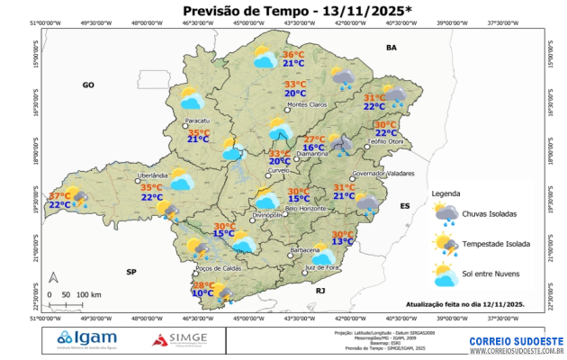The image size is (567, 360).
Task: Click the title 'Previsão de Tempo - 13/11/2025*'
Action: (x=283, y=11)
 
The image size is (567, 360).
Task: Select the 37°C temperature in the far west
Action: (x=60, y=195)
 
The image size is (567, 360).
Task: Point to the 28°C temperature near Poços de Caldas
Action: (x=204, y=285)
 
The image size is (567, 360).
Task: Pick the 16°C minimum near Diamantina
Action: (x=313, y=148)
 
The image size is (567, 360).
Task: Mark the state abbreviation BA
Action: (x=391, y=46)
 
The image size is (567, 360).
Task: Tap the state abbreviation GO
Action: (x=88, y=85)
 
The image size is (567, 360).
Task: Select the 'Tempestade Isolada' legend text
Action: (x=497, y=243)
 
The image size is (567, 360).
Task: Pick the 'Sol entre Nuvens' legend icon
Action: (x=445, y=274)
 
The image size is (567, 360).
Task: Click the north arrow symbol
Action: (x=53, y=277)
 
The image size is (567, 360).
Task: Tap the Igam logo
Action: (x=86, y=338)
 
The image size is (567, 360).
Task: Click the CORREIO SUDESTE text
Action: (x=516, y=341)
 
